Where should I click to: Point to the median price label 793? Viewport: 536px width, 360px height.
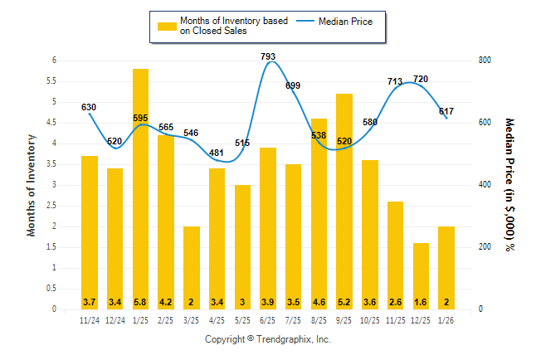[268, 56]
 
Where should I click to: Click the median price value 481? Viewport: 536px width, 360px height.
[217, 153]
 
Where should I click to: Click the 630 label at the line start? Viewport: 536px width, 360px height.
[89, 107]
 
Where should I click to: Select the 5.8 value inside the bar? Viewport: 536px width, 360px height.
[140, 301]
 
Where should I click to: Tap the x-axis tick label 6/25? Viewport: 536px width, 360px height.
[268, 320]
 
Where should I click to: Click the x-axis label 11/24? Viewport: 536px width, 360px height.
[89, 320]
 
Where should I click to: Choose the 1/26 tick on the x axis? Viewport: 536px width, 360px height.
[446, 320]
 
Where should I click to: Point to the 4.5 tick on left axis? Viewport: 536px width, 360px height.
[52, 123]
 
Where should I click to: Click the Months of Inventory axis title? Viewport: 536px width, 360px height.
[32, 185]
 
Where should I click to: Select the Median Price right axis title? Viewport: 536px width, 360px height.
[509, 184]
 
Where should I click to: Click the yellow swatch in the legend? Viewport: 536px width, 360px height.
[167, 26]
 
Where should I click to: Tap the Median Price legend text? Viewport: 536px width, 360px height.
[346, 21]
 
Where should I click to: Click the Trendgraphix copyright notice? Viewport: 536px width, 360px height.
[268, 339]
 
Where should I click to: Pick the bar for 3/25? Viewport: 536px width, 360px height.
[191, 268]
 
